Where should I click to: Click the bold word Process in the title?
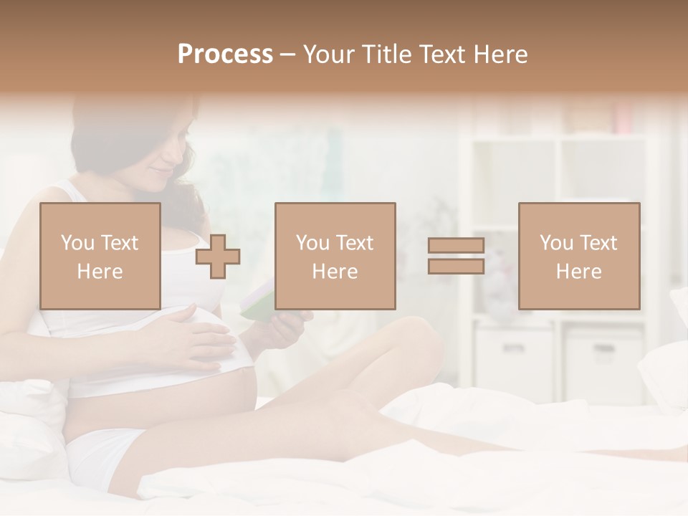click(x=225, y=54)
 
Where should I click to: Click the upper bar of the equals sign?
click(x=456, y=246)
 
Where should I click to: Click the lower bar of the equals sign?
click(x=456, y=267)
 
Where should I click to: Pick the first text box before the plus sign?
click(x=100, y=256)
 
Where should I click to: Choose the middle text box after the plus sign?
click(x=335, y=256)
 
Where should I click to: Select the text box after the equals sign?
click(x=579, y=256)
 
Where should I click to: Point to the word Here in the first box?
click(x=100, y=272)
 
